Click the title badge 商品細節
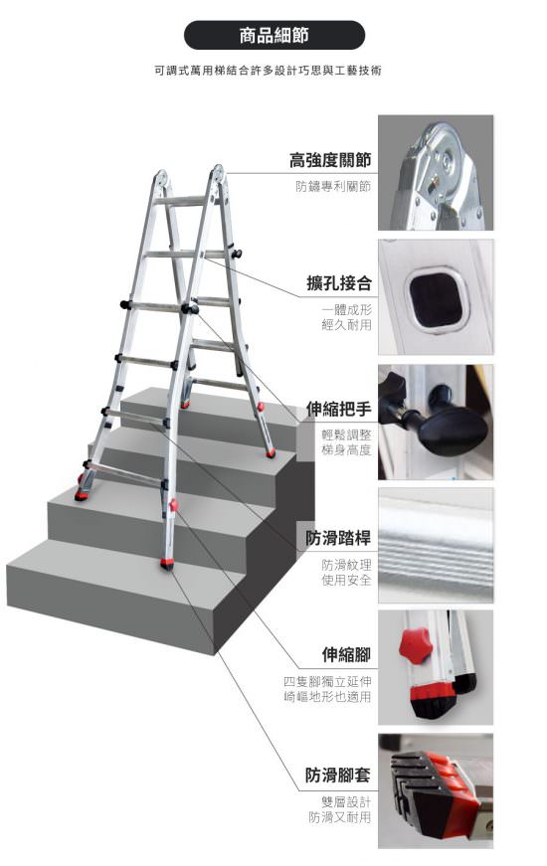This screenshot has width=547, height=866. click(x=274, y=36)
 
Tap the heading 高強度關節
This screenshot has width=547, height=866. click(x=330, y=160)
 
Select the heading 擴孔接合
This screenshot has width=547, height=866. click(x=339, y=283)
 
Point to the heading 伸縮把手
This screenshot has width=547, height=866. click(x=339, y=409)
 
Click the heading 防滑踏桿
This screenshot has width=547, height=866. click(x=339, y=537)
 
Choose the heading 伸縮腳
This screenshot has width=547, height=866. click(x=346, y=654)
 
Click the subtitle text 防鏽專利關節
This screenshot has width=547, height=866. click(x=333, y=186)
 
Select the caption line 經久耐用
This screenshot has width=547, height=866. click(x=346, y=325)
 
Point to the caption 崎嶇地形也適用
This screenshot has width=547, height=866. click(x=327, y=696)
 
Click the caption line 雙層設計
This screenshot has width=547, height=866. click(x=346, y=801)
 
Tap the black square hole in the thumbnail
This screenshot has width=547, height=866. click(x=436, y=299)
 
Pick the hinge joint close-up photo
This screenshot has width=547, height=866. click(x=436, y=172)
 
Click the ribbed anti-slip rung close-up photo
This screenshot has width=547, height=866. click(x=436, y=546)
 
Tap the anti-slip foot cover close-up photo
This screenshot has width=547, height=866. click(x=436, y=790)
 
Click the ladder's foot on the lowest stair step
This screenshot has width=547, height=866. click(x=167, y=564)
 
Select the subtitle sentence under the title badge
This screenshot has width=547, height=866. click(x=268, y=71)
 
